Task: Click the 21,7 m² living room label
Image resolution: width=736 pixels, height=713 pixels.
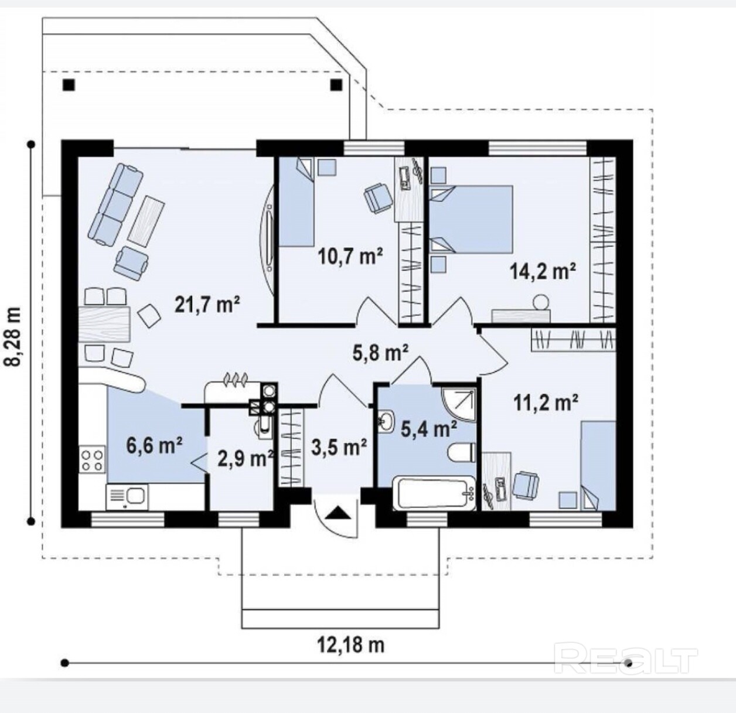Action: pyautogui.click(x=207, y=305)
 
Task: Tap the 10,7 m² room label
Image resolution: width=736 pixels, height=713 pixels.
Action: pyautogui.click(x=350, y=257)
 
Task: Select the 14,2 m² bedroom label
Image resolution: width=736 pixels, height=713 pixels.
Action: pyautogui.click(x=543, y=271)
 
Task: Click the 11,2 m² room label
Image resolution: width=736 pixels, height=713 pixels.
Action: pyautogui.click(x=546, y=403)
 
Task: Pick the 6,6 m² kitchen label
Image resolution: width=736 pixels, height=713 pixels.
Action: pyautogui.click(x=155, y=445)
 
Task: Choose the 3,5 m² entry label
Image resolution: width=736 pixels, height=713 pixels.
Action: pyautogui.click(x=339, y=447)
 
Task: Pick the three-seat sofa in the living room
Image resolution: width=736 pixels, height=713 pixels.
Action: pyautogui.click(x=115, y=203)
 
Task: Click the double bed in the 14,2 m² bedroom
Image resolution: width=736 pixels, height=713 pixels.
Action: pyautogui.click(x=471, y=219)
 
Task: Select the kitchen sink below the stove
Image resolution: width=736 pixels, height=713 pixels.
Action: pyautogui.click(x=126, y=496)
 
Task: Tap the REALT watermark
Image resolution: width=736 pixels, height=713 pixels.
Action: pyautogui.click(x=626, y=659)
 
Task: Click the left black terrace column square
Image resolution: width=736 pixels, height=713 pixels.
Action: pyautogui.click(x=69, y=86)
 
